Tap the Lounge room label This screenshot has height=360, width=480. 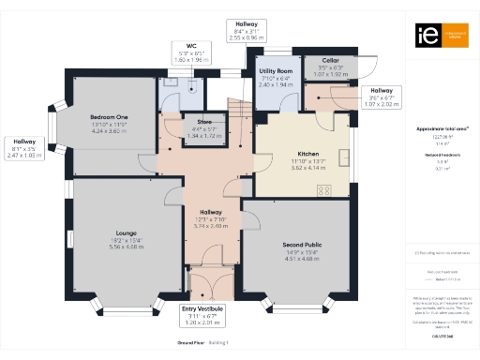[126, 232]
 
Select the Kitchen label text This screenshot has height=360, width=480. [308, 153]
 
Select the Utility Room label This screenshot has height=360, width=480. [277, 71]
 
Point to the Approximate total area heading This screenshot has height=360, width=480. [442, 128]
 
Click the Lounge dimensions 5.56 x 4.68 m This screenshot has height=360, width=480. [126, 247]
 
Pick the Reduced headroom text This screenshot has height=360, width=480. [442, 155]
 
